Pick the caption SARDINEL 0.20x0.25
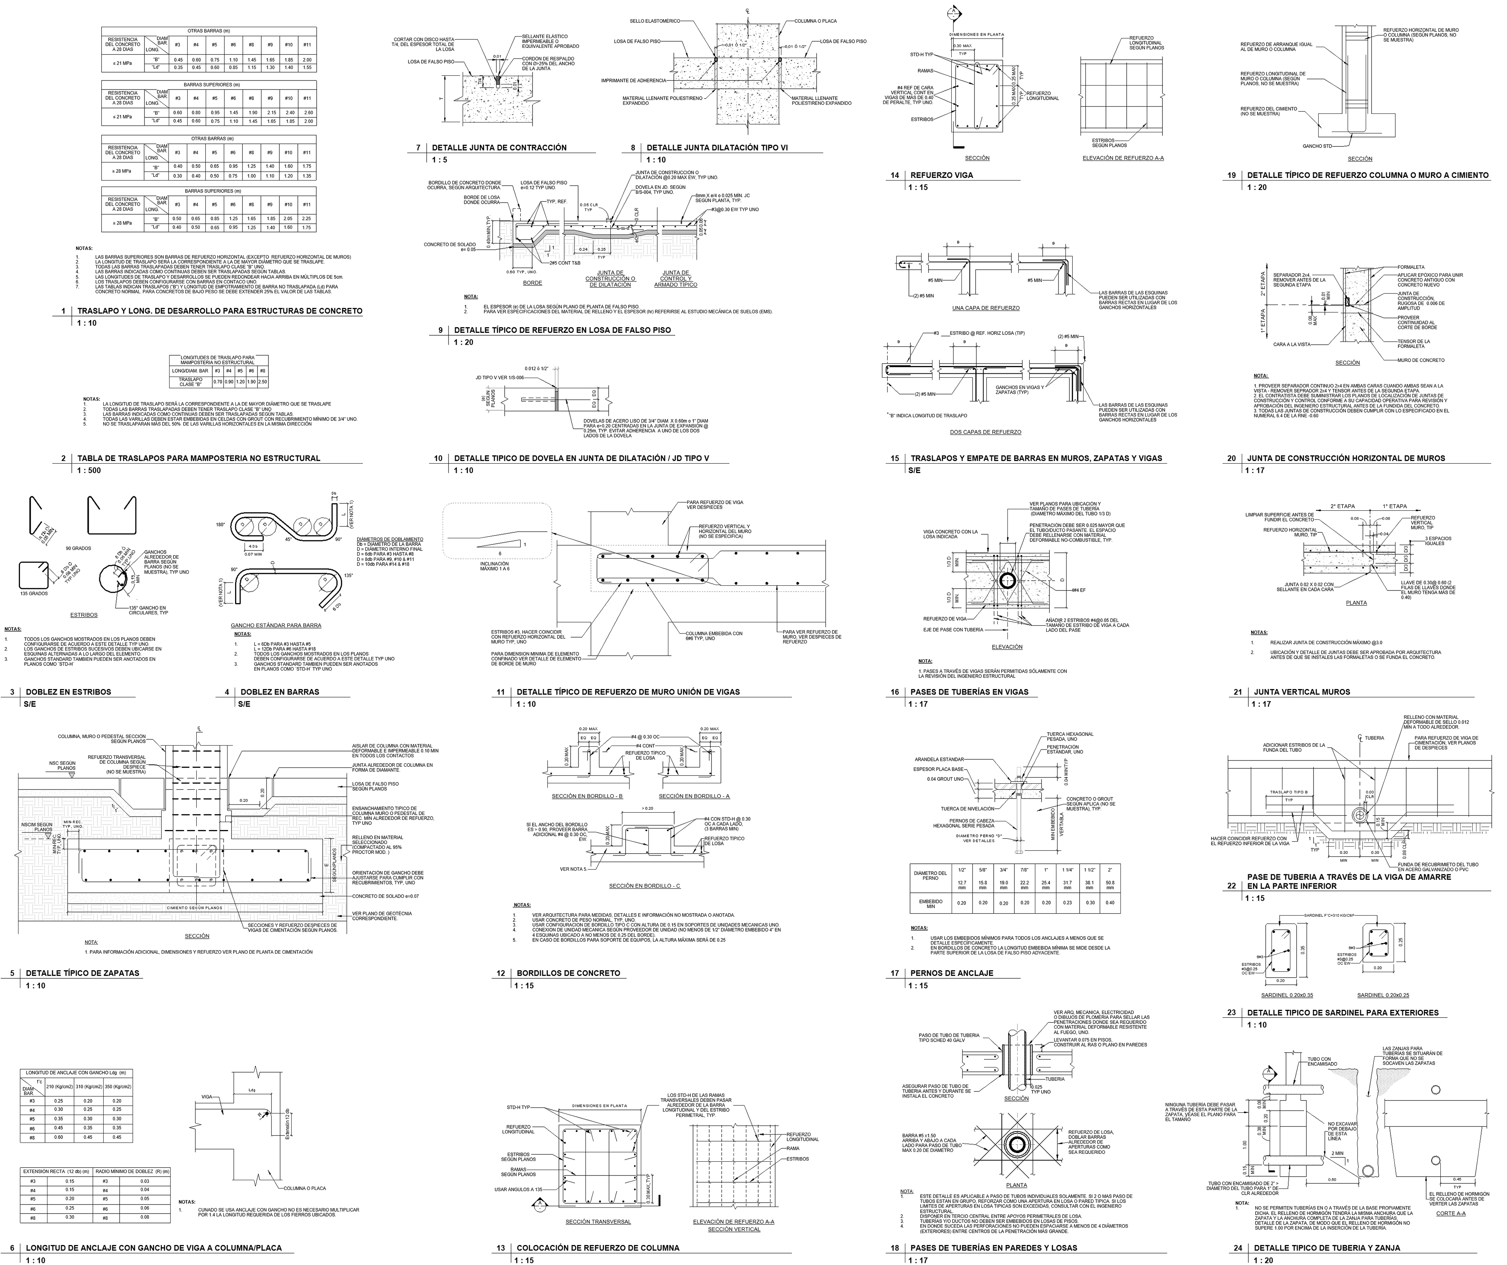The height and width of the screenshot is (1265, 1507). pyautogui.click(x=1382, y=995)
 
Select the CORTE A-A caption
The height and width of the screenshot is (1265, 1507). pyautogui.click(x=1450, y=1213)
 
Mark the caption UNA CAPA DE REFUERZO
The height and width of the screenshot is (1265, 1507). pyautogui.click(x=985, y=308)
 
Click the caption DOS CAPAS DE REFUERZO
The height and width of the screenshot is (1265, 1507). pyautogui.click(x=985, y=432)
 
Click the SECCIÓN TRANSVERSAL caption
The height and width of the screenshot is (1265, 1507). pyautogui.click(x=598, y=1221)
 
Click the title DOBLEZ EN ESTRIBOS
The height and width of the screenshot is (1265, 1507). pyautogui.click(x=68, y=692)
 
